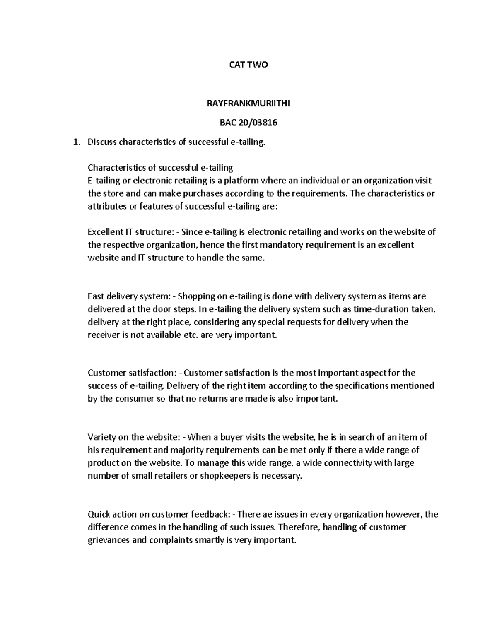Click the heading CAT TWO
coord(248,65)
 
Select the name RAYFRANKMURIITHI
coord(248,104)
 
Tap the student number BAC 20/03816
coord(248,123)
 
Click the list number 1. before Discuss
coord(76,142)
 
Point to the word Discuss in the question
coord(102,142)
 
